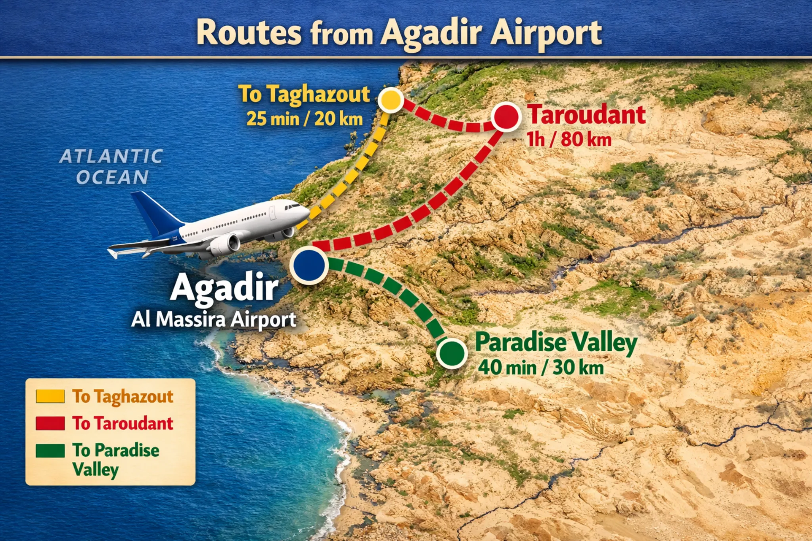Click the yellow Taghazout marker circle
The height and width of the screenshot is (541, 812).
coord(391,100)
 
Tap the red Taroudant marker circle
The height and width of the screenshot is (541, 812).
coord(506,117)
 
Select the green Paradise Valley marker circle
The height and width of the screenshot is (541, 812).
coord(452,352)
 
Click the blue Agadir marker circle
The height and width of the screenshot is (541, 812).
coord(309,265)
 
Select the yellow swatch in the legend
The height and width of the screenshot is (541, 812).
coord(50,396)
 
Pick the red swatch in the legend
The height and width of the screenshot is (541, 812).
coord(50,423)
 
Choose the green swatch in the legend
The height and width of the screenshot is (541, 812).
coord(50,451)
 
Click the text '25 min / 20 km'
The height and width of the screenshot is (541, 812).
coord(304,119)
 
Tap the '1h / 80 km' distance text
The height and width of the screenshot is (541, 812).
coord(569,140)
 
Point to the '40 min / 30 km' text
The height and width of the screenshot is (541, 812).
coord(541,368)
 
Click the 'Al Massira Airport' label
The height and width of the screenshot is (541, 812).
coord(214,319)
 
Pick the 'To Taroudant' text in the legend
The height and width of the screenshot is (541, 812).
coord(123,423)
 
